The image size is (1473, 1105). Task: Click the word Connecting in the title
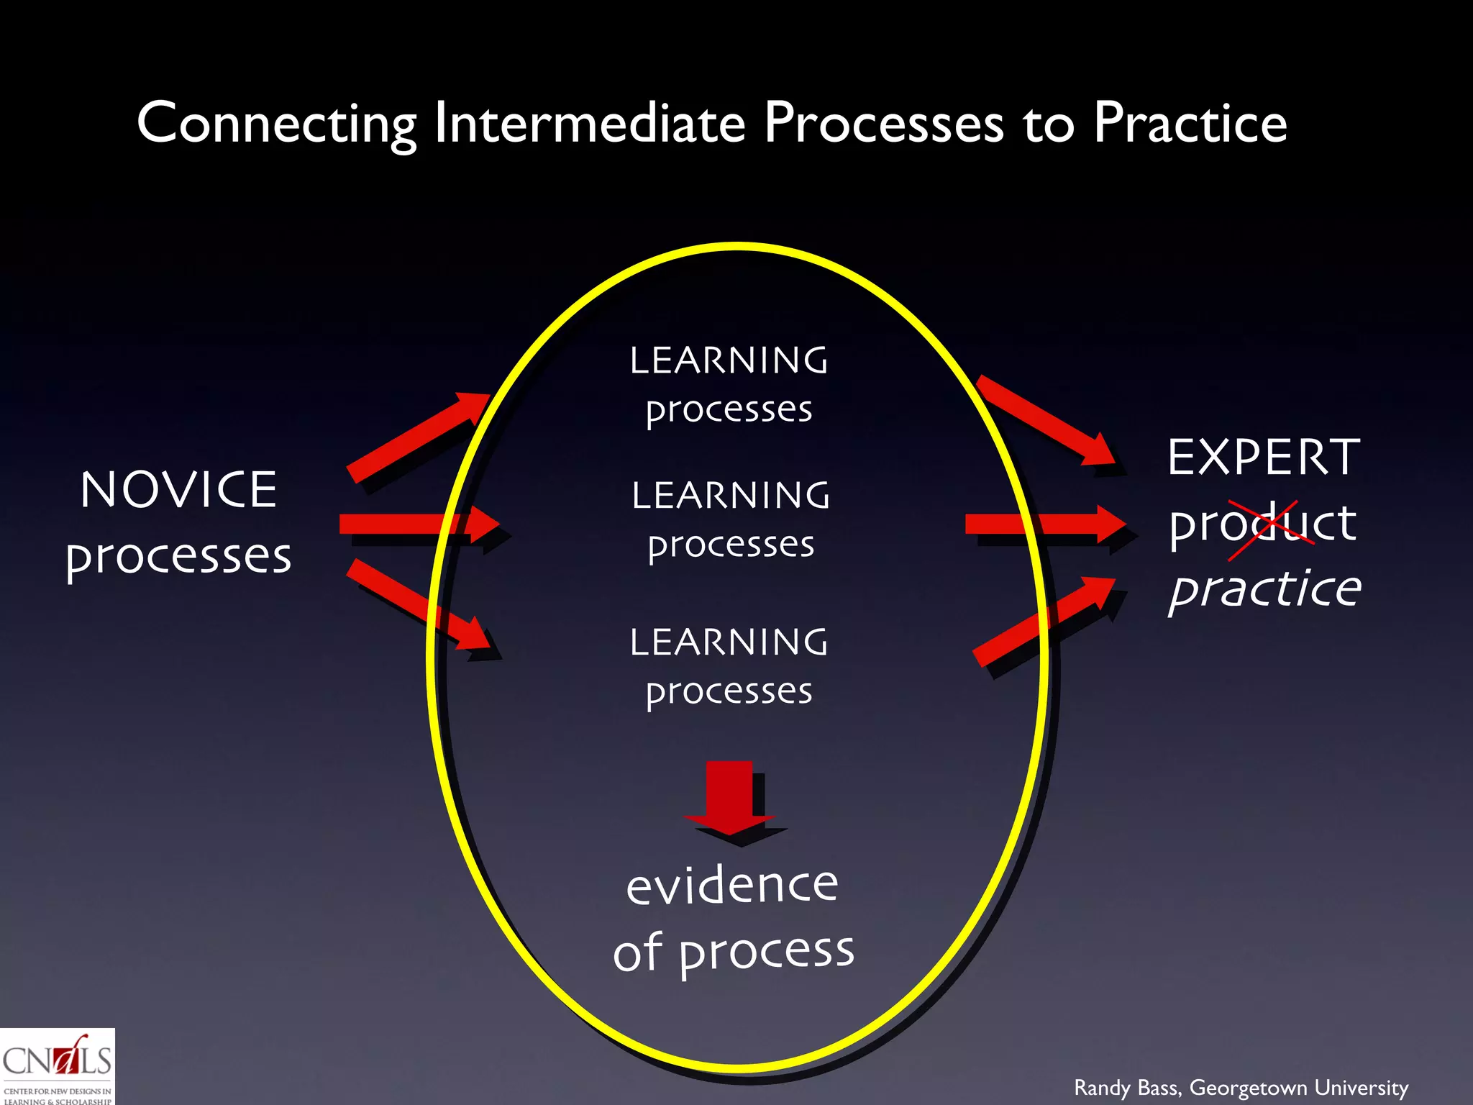tap(276, 124)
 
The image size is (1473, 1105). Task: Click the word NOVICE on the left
tap(178, 490)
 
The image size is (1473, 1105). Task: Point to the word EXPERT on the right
tap(1264, 458)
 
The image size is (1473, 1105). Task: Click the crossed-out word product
tap(1262, 524)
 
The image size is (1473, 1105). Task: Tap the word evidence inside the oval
tap(732, 885)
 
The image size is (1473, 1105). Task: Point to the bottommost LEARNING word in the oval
tap(729, 642)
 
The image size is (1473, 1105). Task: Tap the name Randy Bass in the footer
tap(1126, 1088)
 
